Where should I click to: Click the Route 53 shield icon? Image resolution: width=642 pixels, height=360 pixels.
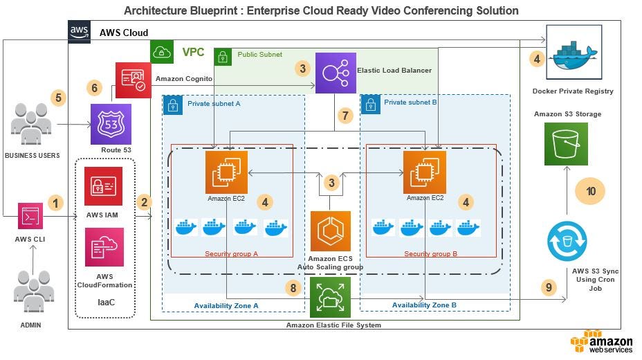[111, 124]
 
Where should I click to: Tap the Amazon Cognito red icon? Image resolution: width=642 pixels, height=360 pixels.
[134, 80]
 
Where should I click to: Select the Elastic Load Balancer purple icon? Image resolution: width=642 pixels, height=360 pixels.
[336, 73]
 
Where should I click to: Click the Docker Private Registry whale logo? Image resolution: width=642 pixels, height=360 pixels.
[574, 52]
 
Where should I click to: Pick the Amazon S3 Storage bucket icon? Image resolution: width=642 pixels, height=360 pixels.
[567, 144]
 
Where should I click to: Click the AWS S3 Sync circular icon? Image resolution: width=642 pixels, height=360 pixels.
[567, 241]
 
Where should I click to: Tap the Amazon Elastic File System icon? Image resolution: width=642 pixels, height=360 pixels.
[331, 297]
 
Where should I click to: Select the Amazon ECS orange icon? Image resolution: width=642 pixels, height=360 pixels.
[331, 231]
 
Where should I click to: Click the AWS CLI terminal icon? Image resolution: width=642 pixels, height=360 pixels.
[30, 216]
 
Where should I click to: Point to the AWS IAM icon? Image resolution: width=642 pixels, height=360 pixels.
[103, 186]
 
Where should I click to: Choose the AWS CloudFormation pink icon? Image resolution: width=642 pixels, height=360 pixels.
[104, 247]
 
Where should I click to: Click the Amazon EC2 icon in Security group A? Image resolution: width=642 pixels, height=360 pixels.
[226, 172]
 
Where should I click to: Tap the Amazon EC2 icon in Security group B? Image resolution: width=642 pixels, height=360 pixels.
[425, 172]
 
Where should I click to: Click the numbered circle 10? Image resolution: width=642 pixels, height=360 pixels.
[590, 191]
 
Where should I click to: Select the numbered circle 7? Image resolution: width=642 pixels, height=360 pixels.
[346, 116]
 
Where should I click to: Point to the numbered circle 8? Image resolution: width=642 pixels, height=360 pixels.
[293, 288]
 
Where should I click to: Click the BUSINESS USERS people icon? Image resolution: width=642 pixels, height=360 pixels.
[31, 124]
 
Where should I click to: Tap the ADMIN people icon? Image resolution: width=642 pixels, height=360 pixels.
[34, 291]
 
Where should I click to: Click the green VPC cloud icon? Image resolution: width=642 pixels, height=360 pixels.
[162, 52]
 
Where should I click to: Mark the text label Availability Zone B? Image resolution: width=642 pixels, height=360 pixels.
[424, 305]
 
